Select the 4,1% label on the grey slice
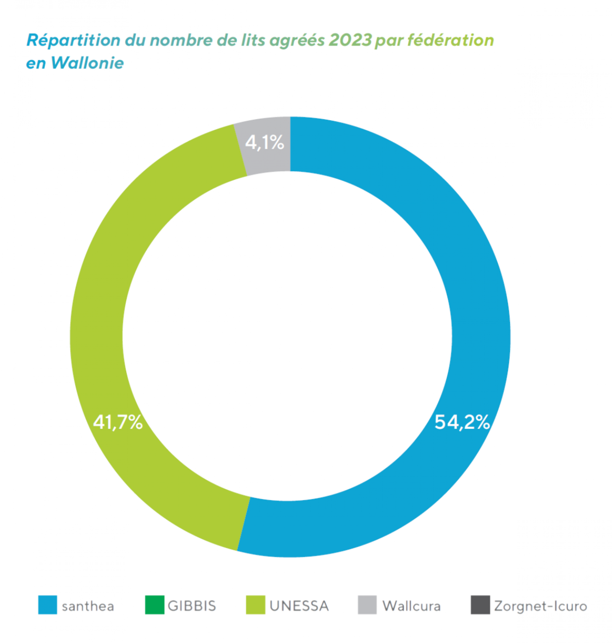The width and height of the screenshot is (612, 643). pyautogui.click(x=265, y=143)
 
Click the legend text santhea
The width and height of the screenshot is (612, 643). pyautogui.click(x=88, y=606)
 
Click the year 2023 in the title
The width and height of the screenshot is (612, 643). pyautogui.click(x=350, y=41)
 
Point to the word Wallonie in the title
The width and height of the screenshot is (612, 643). pyautogui.click(x=87, y=63)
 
